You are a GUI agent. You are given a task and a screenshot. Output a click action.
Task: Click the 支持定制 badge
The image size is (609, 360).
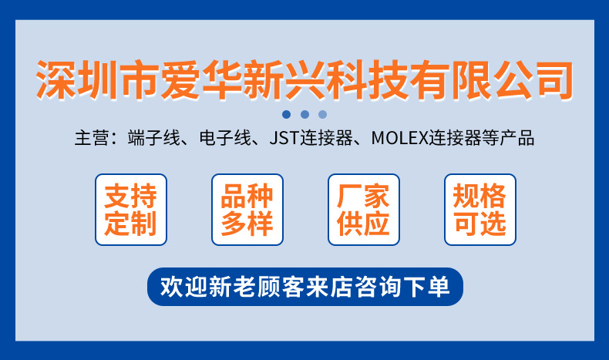tap(130, 210)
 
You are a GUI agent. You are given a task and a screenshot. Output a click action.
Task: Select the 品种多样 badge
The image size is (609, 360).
tap(247, 210)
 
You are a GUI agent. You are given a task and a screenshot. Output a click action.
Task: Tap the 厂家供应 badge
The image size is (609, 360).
tap(364, 210)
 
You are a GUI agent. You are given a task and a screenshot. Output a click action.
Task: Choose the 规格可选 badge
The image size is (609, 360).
tap(480, 210)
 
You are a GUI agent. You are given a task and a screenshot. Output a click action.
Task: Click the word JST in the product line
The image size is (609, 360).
tap(283, 140)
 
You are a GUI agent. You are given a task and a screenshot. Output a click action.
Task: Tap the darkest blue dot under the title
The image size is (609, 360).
tap(286, 114)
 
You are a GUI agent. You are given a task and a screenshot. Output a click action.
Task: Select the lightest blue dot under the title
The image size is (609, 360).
tap(322, 114)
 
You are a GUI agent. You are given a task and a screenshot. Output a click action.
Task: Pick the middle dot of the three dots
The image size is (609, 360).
tap(304, 114)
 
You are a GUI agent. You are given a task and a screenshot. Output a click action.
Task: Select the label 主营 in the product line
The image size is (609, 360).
tap(88, 140)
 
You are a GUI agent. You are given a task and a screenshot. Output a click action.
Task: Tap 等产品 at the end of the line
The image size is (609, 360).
tap(508, 140)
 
